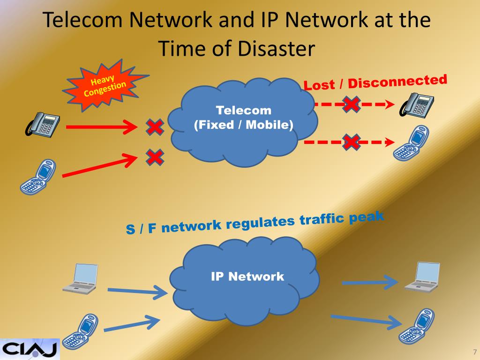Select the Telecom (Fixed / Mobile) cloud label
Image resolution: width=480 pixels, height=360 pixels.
[x=243, y=118]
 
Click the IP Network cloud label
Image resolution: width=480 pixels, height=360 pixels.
[x=247, y=276]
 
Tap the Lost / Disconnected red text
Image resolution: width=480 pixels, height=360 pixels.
[x=375, y=82]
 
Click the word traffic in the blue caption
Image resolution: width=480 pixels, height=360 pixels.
[x=321, y=220]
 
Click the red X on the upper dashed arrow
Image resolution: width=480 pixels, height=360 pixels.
[x=351, y=104]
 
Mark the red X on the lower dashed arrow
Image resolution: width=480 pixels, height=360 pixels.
[x=351, y=142]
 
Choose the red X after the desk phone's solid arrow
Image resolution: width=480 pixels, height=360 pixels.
[x=155, y=126]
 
